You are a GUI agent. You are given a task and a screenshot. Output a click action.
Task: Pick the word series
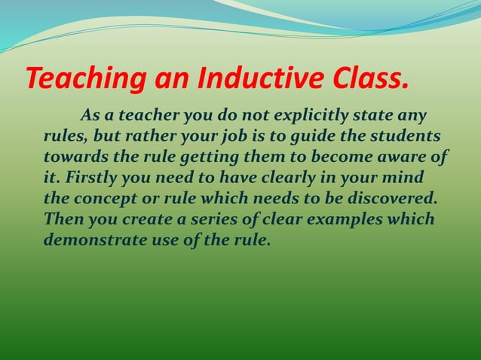pos(216,221)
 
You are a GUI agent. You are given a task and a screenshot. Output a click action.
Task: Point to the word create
pos(150,221)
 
